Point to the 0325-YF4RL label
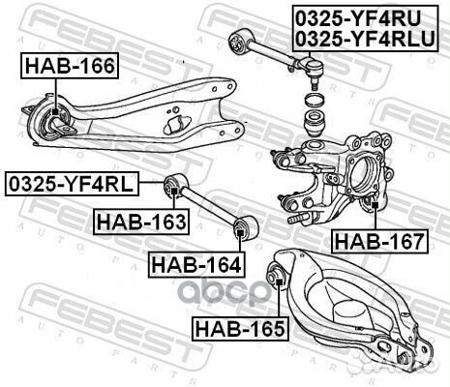(x=73, y=182)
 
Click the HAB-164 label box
(x=195, y=262)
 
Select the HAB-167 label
(x=378, y=241)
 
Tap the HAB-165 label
(x=239, y=328)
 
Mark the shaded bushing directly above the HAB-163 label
(x=175, y=184)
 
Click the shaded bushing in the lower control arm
(x=276, y=281)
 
